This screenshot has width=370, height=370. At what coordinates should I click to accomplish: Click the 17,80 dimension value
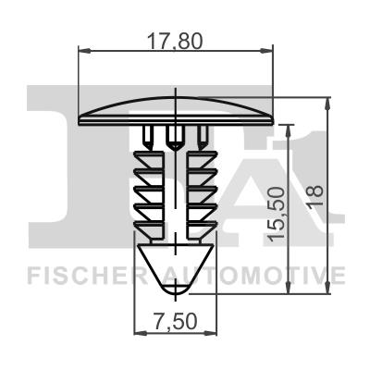point(177,40)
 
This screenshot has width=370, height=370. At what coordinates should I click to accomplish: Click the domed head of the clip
point(177,108)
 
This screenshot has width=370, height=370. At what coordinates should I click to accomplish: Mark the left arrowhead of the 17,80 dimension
point(84,52)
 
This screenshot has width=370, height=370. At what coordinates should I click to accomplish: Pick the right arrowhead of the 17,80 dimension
point(270,52)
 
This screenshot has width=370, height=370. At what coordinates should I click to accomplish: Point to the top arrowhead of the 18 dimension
point(325,101)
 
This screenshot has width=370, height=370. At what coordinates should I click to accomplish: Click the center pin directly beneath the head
point(174,139)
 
